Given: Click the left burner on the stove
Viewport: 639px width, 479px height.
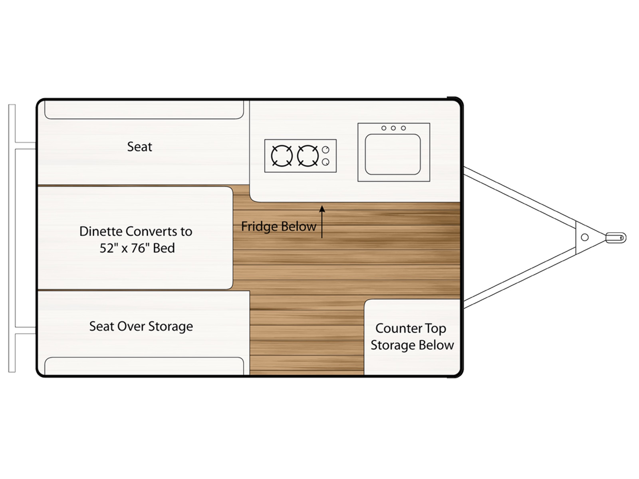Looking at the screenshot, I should coord(282,156).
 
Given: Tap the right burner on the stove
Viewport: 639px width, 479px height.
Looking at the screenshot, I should coord(308,156).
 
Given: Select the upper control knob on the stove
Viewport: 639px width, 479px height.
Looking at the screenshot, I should coord(325,150).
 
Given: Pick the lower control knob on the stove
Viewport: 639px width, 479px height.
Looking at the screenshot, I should coord(325,162).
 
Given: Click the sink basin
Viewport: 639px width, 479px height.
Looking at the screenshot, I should coord(393,154).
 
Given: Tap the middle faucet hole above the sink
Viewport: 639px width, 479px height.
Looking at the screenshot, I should coord(393,128).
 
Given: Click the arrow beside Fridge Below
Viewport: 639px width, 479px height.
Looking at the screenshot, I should coord(322,222).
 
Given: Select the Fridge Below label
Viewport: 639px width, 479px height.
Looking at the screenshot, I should coord(278,226).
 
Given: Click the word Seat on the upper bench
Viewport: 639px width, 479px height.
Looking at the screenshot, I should coord(139,147).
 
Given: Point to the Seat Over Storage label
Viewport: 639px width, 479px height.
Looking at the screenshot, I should coord(141,327).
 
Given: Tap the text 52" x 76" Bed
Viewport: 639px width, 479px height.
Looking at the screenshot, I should coord(137,248).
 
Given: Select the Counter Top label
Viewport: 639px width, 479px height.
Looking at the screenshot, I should coord(411,328).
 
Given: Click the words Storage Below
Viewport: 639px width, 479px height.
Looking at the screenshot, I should coord(412,345).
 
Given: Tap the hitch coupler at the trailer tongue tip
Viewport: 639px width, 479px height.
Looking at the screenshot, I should coord(615,238).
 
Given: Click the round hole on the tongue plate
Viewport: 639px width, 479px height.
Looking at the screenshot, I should coord(585,238).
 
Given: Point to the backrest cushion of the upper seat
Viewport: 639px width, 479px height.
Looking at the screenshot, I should coord(144,110).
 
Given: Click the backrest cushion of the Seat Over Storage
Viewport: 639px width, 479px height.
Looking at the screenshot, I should coord(144,366).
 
